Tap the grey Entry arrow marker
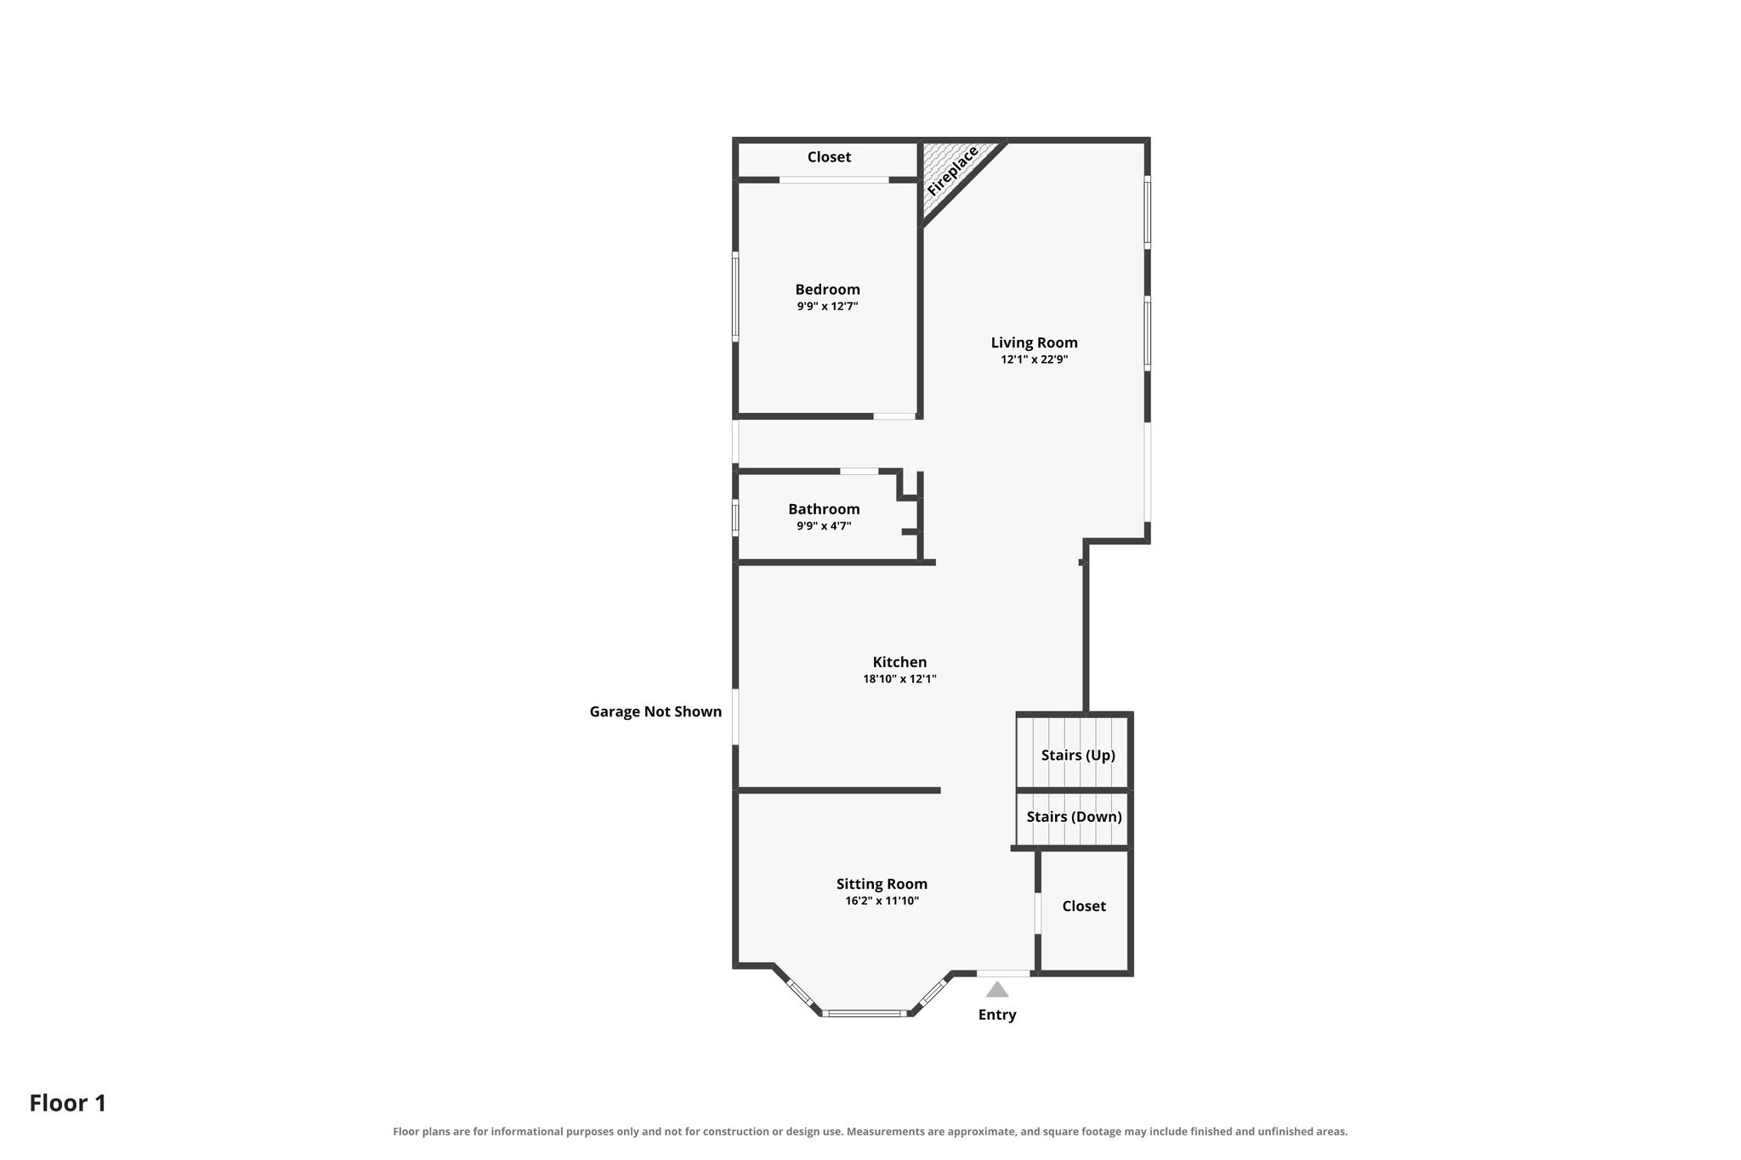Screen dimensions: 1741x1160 [997, 989]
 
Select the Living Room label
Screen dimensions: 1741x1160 [1034, 342]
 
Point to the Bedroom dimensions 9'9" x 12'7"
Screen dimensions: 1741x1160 [827, 306]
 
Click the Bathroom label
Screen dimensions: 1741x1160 [824, 509]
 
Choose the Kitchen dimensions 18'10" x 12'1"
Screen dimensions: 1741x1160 [899, 679]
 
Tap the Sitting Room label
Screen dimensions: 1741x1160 [882, 884]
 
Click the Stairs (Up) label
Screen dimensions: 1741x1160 [1078, 755]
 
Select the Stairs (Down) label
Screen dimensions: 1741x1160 [1074, 817]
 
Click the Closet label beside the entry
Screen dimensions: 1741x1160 [1084, 906]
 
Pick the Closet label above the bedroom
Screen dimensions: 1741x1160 [829, 157]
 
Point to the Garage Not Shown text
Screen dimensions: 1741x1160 [655, 712]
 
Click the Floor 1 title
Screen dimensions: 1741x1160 [68, 1103]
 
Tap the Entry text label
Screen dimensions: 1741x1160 [997, 1015]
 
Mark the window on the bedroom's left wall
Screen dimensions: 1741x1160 [735, 297]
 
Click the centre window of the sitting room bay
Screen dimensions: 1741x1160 [865, 1013]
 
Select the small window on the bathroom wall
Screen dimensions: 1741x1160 [735, 518]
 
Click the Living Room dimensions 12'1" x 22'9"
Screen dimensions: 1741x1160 [1034, 359]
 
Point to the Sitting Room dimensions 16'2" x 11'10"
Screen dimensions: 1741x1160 [882, 901]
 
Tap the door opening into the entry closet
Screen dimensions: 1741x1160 [1037, 913]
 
